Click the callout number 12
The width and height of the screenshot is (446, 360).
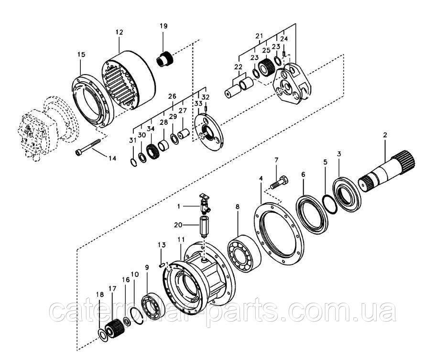tap(120, 32)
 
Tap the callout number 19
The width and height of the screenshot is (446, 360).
tap(163, 26)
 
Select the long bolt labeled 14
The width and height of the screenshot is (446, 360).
tap(88, 146)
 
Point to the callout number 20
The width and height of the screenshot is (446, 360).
tap(178, 225)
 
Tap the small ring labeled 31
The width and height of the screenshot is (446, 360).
tap(133, 162)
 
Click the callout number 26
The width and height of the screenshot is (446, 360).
tap(173, 96)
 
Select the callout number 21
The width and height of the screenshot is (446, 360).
tap(259, 36)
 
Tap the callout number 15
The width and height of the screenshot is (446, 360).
tap(81, 54)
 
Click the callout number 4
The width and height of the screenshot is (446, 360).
tap(261, 178)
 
